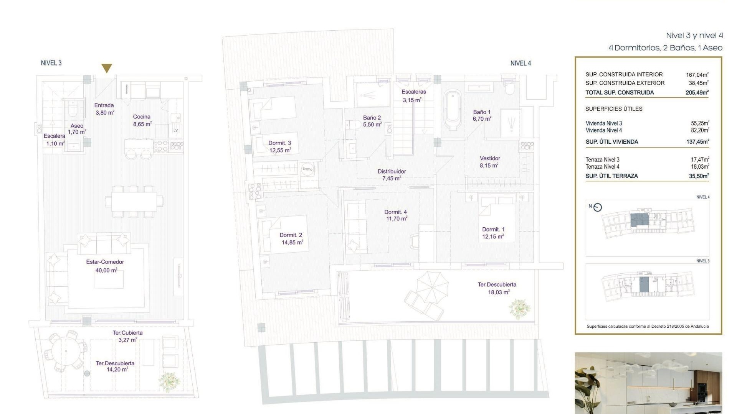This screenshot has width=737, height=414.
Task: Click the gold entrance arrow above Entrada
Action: point(107,68)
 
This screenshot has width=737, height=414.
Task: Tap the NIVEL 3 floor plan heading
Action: point(51,63)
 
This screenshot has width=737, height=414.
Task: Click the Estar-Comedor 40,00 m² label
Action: point(105,266)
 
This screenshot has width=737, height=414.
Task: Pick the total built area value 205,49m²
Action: point(697,92)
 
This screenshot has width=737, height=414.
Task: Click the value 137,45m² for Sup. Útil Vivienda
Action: point(697,141)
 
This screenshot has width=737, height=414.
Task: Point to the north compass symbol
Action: point(597,207)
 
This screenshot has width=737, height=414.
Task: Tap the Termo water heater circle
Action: point(307,169)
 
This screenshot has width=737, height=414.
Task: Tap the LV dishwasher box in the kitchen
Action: point(175,130)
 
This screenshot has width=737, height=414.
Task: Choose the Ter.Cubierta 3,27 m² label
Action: point(127,336)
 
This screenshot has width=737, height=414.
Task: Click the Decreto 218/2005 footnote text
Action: point(648,326)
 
